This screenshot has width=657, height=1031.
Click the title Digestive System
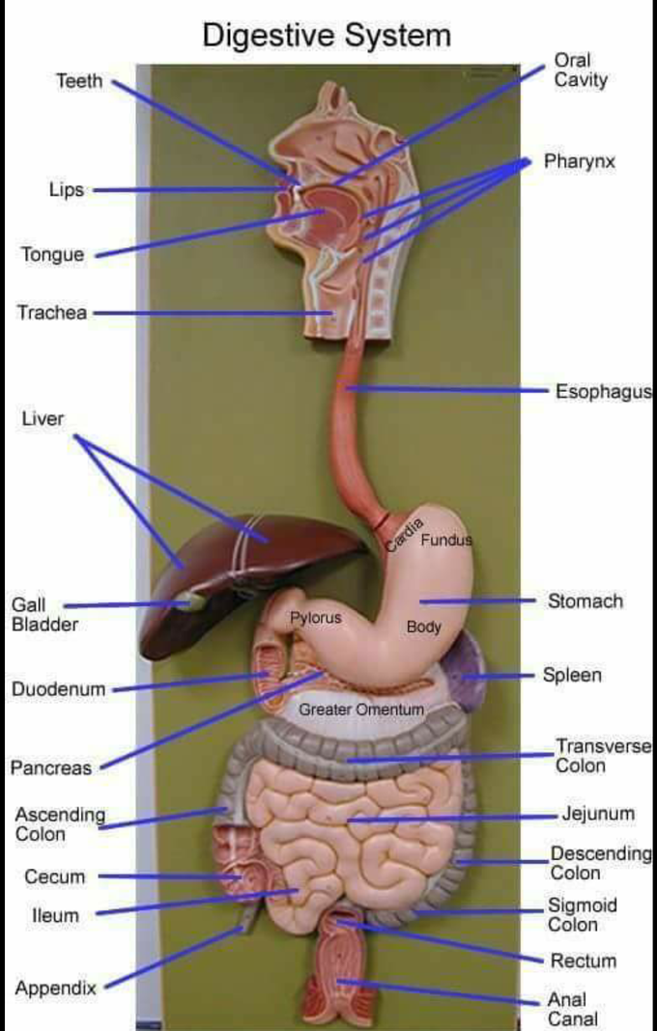pos(327,36)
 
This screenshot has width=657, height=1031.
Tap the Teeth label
pos(79,81)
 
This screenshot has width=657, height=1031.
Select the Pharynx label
pos(580,162)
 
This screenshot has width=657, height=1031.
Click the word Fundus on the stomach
pos(446,541)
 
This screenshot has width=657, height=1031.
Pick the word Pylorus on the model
pos(316,618)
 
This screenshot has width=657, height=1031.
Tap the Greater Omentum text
pos(360,710)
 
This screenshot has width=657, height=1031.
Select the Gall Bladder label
pos(44,614)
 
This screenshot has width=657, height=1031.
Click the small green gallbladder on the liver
pos(187,601)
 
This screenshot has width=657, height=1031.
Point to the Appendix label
pos(55,989)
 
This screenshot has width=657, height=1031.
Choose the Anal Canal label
pos(573,1010)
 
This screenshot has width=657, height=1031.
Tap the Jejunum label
pos(598,814)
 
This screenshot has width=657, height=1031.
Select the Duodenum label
pos(59,689)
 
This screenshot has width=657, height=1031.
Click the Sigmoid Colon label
pos(583,914)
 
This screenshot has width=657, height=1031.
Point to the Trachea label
pos(52,313)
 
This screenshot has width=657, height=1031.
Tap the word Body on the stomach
pos(423,627)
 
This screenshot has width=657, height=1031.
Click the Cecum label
pos(55,877)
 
